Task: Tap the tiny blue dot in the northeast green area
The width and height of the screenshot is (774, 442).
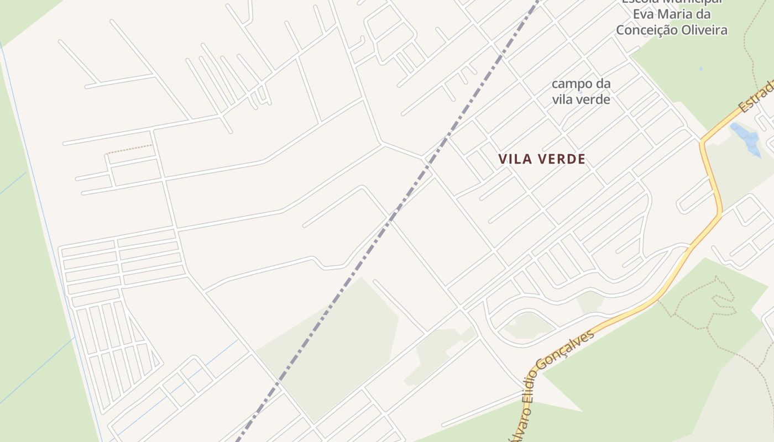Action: click(x=700, y=69)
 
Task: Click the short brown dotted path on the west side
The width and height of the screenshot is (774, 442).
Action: click(x=129, y=149)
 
